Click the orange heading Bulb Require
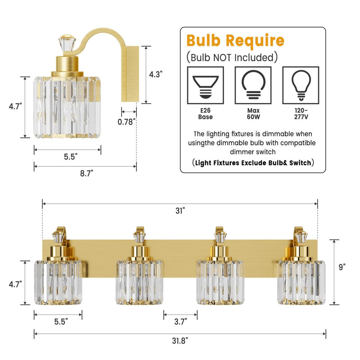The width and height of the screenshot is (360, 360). [x=235, y=41]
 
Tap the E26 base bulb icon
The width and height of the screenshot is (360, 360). [x=205, y=85]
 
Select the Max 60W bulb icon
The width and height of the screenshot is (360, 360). [x=253, y=85]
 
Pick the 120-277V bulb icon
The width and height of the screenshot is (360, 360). [x=301, y=85]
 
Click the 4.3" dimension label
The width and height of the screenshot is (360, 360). [x=155, y=75]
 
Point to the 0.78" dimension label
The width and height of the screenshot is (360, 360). [x=127, y=121]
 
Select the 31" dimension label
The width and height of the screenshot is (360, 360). [x=180, y=211]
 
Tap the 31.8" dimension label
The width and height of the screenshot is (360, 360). [x=180, y=341]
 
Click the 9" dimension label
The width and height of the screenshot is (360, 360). [x=342, y=267]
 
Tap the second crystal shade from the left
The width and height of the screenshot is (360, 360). [x=139, y=282]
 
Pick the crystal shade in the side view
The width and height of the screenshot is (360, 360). [x=67, y=107]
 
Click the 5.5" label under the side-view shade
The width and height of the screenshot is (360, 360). [x=69, y=157]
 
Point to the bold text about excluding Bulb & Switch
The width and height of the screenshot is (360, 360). [x=252, y=163]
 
